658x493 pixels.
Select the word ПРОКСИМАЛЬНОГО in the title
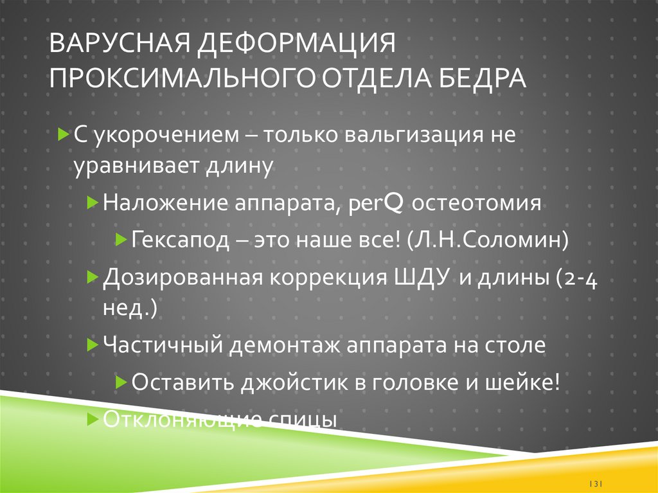[176, 80]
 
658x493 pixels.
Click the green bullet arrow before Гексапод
[120, 240]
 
